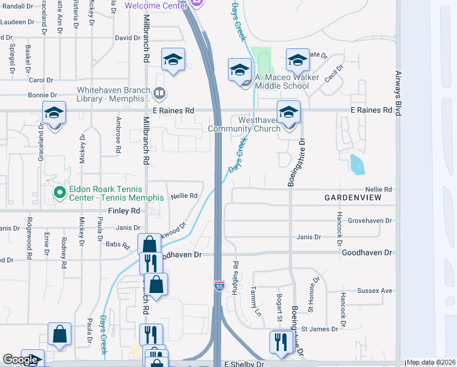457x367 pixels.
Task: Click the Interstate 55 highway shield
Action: (x=219, y=286)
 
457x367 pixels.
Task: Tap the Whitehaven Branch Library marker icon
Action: (x=159, y=94)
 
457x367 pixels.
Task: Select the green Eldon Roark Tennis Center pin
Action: (x=59, y=193)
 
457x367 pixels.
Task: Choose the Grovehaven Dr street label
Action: (x=369, y=220)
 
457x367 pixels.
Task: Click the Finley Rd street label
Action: (x=124, y=210)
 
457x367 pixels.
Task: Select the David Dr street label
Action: (x=128, y=38)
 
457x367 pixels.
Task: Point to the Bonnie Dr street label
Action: (x=43, y=95)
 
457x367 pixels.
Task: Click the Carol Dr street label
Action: (x=42, y=80)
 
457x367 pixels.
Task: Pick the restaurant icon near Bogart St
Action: (x=281, y=342)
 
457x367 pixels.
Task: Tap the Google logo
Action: (x=20, y=360)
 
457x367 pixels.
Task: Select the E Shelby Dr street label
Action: (x=244, y=364)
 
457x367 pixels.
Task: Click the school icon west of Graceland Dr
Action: (x=54, y=113)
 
